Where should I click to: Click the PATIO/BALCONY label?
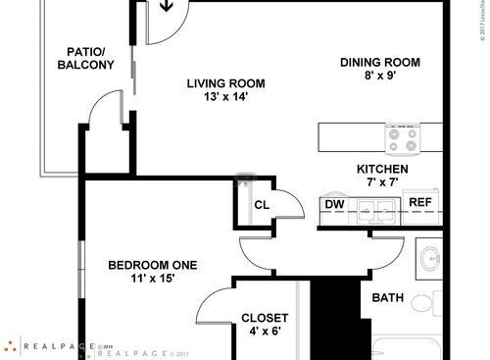[89, 58]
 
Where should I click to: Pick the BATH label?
[388, 298]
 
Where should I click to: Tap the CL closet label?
[262, 205]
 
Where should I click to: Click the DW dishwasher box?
[334, 204]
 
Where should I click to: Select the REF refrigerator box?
[420, 203]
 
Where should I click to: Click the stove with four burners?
[403, 139]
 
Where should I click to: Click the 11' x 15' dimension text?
[152, 280]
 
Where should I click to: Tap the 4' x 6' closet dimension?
[265, 333]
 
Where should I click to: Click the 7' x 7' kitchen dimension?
[381, 182]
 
